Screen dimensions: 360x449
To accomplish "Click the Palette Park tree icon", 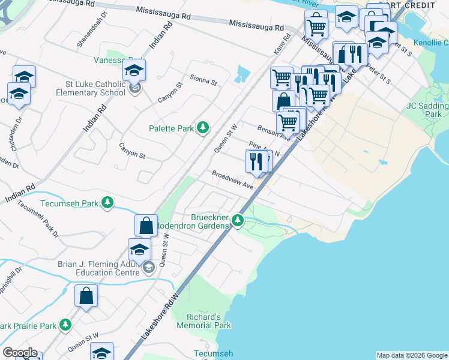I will pos(203,127).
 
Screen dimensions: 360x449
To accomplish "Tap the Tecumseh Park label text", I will pos(68,203).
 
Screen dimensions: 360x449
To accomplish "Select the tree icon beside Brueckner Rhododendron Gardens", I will pos(238,221).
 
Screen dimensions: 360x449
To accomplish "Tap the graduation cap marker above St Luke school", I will pos(134,70).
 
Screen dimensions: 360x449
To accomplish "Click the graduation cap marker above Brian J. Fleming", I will pos(139,249).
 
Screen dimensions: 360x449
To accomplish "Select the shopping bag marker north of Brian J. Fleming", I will pos(146,226).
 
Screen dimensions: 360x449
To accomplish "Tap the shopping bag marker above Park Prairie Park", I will pos(86,296).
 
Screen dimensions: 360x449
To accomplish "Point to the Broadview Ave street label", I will pos(232,180).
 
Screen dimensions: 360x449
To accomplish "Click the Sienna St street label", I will pos(203,80).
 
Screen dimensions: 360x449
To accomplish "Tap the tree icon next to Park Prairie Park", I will pos(65,325).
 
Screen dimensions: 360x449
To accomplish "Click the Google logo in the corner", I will pos(19,353).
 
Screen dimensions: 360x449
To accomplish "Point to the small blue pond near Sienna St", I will pos(243,74).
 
